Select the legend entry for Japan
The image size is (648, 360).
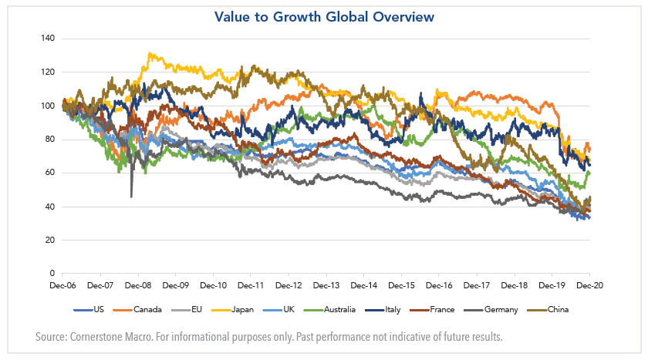pyautogui.click(x=262, y=310)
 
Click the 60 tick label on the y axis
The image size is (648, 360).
pyautogui.click(x=49, y=173)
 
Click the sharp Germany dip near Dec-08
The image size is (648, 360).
pyautogui.click(x=131, y=197)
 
